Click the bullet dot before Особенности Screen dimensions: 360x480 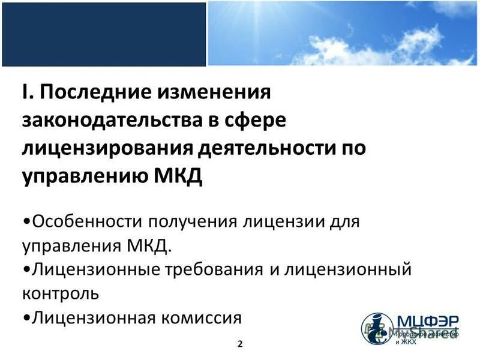27,221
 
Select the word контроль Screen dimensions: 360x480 61,293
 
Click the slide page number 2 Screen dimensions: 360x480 240,344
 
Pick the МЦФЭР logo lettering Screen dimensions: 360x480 426,322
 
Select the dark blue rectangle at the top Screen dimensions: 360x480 103,34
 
